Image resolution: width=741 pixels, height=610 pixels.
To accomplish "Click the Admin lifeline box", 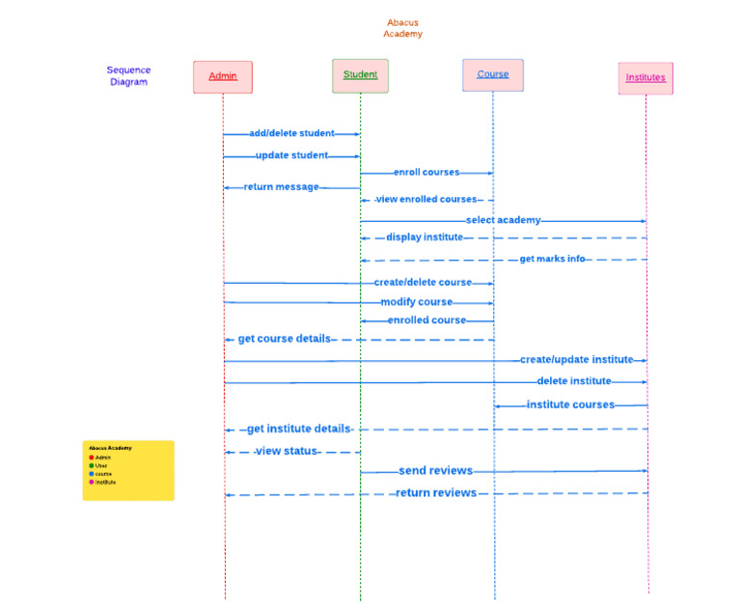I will tap(223, 77).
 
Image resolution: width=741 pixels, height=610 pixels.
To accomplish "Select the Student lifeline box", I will tap(360, 75).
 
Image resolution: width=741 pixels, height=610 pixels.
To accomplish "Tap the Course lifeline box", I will tap(493, 75).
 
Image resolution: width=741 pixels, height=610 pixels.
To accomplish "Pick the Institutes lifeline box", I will tap(645, 78).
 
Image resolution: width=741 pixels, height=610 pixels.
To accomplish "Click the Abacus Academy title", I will tap(402, 28).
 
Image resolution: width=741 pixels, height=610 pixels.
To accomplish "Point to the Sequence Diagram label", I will tap(128, 76).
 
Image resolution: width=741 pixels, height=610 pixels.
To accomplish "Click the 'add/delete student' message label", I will tap(291, 133).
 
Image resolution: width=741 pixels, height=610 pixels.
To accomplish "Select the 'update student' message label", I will tap(291, 154).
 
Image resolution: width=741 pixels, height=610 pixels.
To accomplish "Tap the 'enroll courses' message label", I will tap(426, 172).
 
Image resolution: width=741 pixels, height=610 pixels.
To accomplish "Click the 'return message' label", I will tap(281, 187).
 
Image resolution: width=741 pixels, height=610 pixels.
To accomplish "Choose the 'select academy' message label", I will tap(503, 220).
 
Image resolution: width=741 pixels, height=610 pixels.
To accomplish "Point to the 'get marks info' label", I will tap(552, 259).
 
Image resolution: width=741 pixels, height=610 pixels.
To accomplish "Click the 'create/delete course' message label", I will tap(423, 283).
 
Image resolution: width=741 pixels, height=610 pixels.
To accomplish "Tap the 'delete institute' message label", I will tap(574, 381).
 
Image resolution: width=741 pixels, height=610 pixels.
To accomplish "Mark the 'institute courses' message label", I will tap(570, 404).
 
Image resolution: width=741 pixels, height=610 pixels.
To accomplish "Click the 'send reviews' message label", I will tap(435, 471).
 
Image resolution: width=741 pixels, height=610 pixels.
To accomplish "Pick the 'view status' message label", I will tap(287, 451).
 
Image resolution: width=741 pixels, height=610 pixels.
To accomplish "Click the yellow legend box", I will tap(128, 470).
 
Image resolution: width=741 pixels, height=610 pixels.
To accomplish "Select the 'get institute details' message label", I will tap(298, 429).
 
